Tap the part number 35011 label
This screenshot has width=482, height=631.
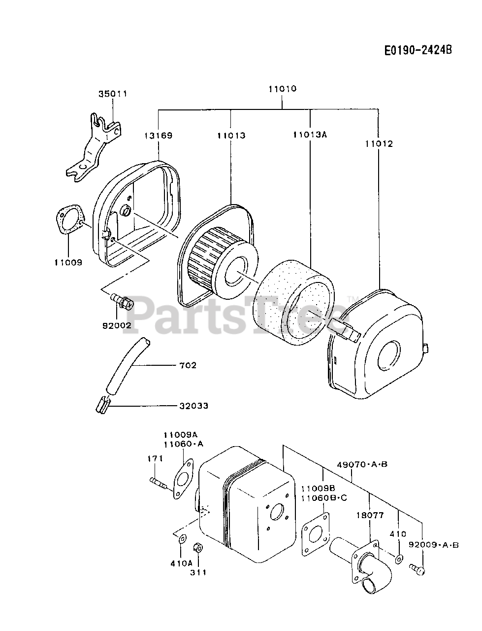pos(112,94)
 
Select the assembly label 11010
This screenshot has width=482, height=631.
pos(282,89)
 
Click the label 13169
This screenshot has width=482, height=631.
pos(158,135)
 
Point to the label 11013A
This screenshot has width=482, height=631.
pos(310,135)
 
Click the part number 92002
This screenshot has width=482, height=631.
pos(117,325)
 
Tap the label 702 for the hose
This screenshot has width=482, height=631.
pos(188,365)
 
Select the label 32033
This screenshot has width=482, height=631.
pos(193,406)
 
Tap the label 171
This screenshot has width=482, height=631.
pos(155,458)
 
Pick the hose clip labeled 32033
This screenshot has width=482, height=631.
pos(101,405)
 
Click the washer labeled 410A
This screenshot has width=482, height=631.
pos(182,539)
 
